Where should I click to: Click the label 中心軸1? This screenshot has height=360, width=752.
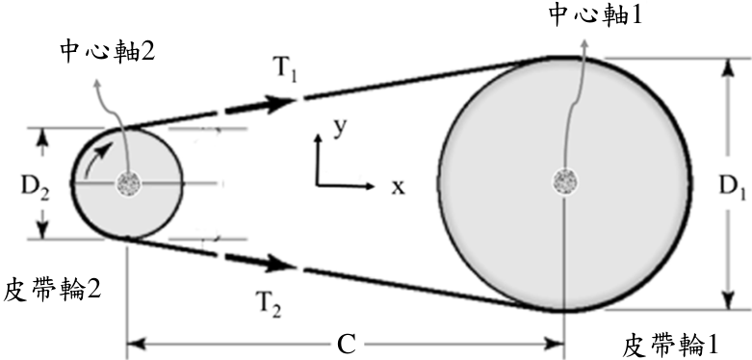[x=595, y=15]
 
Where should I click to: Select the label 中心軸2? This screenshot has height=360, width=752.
[x=108, y=51]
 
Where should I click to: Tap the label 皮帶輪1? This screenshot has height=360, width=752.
[x=670, y=345]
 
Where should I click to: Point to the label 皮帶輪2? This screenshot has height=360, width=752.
[x=52, y=290]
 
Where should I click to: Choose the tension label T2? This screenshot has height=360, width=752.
[x=267, y=303]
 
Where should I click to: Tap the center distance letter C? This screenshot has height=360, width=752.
[x=347, y=345]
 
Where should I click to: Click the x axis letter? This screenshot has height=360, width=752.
[x=398, y=188]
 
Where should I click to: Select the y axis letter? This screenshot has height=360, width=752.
[x=340, y=129]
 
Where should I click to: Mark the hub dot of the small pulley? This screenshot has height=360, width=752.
[x=127, y=184]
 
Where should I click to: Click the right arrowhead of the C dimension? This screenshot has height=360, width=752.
[x=555, y=344]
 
